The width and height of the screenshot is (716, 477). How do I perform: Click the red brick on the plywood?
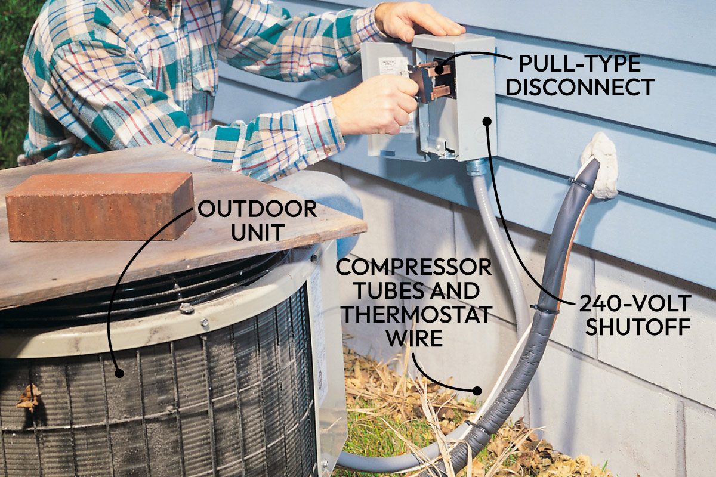(x=98, y=206)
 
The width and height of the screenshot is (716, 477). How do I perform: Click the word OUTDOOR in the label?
(x=257, y=209)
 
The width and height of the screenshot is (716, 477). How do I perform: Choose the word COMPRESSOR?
(x=413, y=267)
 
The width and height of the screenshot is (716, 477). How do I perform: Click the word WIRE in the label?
(x=414, y=338)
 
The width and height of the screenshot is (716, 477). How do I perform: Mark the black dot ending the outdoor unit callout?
(x=119, y=373)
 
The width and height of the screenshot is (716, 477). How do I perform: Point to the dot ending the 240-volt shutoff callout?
(x=487, y=121)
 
